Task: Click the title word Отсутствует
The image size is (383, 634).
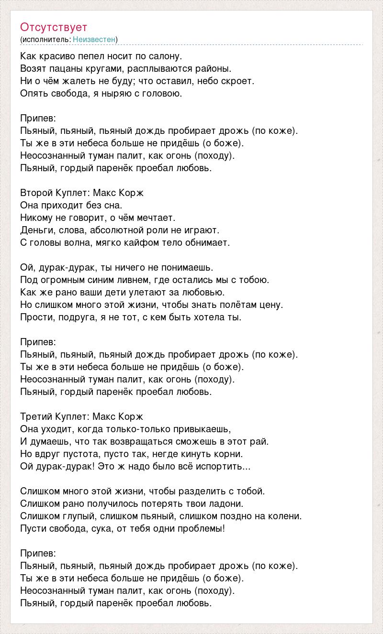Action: click(54, 27)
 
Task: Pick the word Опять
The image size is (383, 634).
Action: click(33, 94)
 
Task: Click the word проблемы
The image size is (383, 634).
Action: click(201, 529)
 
